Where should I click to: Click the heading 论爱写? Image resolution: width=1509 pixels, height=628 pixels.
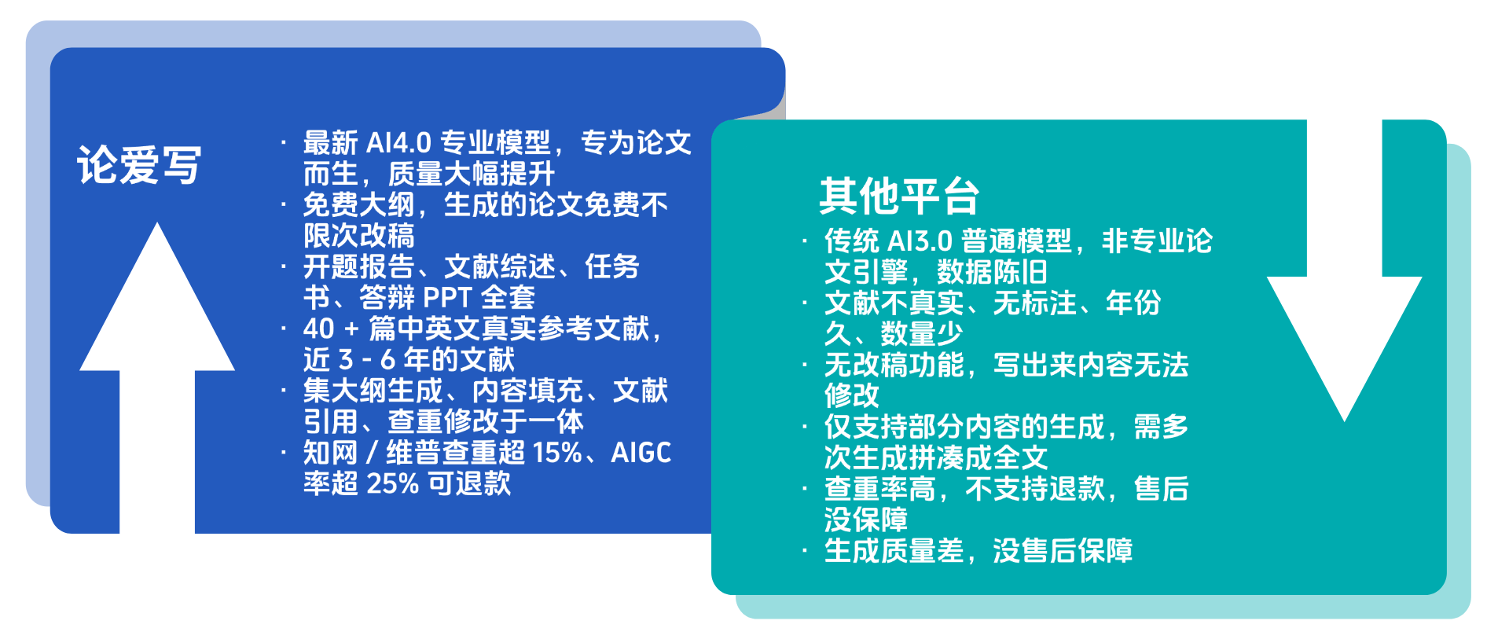(139, 165)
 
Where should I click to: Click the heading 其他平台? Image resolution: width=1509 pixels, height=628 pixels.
(899, 196)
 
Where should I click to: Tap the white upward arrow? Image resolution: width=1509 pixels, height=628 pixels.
(157, 378)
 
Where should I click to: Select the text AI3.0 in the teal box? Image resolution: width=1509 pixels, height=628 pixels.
(920, 241)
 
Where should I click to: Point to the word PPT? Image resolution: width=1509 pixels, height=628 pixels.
(447, 298)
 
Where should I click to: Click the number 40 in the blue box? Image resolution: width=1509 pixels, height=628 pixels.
(319, 329)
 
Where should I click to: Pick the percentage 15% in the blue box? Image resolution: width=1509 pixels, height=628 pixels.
(557, 453)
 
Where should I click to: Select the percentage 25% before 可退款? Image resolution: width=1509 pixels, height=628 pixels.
(392, 483)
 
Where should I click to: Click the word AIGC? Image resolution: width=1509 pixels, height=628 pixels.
(641, 453)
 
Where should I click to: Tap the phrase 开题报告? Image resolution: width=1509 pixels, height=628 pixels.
(359, 267)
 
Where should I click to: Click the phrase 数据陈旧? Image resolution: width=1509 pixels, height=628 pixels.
(992, 272)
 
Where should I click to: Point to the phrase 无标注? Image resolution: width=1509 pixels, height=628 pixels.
(1034, 303)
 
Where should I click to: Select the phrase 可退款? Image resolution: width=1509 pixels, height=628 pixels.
(469, 483)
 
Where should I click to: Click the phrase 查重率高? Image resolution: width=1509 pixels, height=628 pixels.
(879, 489)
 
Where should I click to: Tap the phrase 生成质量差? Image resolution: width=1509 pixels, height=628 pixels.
(894, 551)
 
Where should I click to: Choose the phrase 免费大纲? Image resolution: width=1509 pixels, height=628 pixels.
(359, 205)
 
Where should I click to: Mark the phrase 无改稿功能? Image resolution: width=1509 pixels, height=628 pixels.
(894, 365)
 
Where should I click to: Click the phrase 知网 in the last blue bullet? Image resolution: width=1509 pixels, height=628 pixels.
(331, 453)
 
